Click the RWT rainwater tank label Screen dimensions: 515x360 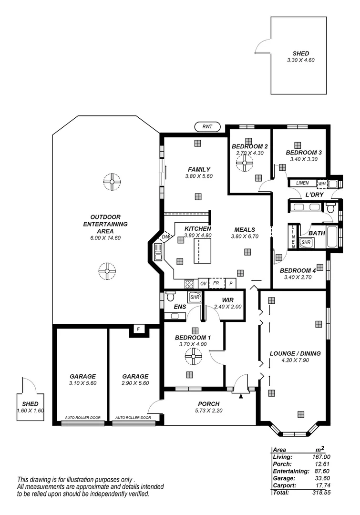point(207,127)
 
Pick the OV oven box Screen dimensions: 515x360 point(203,283)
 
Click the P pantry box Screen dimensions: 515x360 point(231,283)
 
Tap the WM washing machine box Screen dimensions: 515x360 point(322,184)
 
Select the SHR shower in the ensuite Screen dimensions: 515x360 point(194,297)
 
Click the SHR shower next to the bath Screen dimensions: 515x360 point(306,242)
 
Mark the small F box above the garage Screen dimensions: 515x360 point(138,330)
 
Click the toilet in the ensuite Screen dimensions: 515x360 point(169,297)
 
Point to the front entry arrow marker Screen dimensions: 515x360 point(241,395)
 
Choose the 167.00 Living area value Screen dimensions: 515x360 point(320,457)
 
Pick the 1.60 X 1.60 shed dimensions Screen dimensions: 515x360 point(31,411)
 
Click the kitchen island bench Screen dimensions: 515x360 point(202,251)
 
